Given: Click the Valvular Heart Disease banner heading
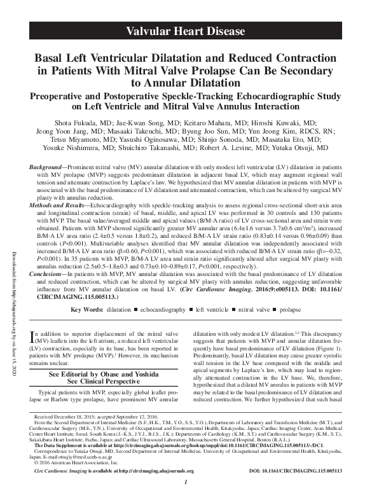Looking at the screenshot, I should (x=185, y=31).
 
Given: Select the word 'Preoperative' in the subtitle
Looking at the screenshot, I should (x=58, y=97).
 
